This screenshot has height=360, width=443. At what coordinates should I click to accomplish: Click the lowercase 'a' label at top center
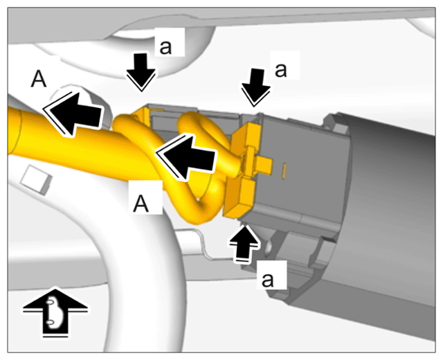(x=165, y=47)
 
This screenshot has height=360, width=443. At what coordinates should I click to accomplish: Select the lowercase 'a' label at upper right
(x=280, y=70)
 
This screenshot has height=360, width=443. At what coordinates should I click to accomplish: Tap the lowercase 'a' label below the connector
(x=268, y=280)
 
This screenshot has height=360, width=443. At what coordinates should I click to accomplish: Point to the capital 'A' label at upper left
(x=39, y=80)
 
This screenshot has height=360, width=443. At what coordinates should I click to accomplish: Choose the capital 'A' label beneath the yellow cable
(x=141, y=204)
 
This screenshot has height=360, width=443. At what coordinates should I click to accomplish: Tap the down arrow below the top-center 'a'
(x=141, y=72)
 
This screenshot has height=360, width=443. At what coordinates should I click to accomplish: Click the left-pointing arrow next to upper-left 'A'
(x=73, y=114)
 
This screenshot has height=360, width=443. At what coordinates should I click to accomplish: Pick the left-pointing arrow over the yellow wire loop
(x=186, y=157)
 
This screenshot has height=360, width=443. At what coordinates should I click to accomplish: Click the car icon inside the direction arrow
(x=53, y=313)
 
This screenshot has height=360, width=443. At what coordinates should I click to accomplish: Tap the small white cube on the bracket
(x=37, y=180)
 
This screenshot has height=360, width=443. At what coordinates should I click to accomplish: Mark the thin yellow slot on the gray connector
(x=284, y=171)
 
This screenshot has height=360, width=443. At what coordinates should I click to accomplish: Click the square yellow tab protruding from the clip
(x=264, y=166)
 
